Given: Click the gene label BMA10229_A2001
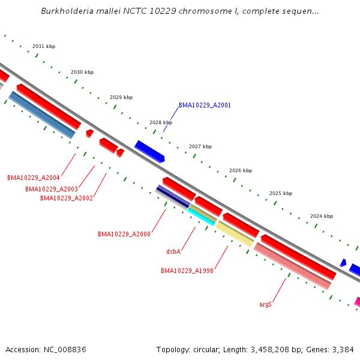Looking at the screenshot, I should (x=205, y=105).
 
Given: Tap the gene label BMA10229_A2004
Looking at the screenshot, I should (x=33, y=178).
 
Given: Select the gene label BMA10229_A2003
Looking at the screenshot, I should (x=51, y=189).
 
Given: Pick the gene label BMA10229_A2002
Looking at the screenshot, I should (x=66, y=198).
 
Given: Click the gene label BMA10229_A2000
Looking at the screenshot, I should (x=124, y=234).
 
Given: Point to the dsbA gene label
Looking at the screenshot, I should (x=173, y=252).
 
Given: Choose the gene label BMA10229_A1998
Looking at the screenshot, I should (x=187, y=271).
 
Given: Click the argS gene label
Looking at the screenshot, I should (x=265, y=305).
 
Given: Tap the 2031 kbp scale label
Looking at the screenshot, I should (x=44, y=46).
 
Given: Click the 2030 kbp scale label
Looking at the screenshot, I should (x=82, y=72).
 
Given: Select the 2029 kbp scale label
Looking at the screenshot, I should (x=121, y=97).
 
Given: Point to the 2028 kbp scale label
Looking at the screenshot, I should (x=161, y=122).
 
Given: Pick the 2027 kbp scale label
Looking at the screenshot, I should (x=200, y=146).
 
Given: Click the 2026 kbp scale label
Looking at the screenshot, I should (x=241, y=170).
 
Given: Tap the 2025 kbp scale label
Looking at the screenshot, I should (x=281, y=193).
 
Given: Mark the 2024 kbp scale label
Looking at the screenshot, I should (x=322, y=216).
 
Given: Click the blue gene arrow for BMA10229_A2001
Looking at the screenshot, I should (x=149, y=151).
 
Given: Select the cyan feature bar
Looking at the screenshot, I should (x=202, y=216).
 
